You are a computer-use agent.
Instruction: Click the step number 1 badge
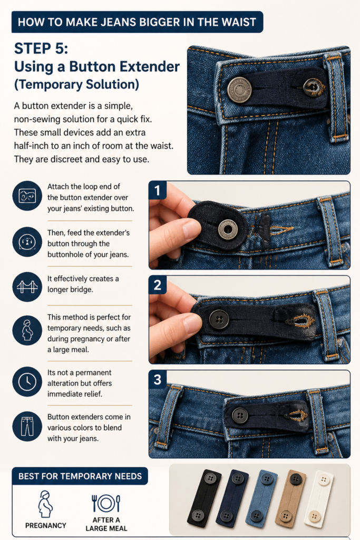(157, 190)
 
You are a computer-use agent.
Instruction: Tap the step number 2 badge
(157, 285)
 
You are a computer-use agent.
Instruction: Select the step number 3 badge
(157, 380)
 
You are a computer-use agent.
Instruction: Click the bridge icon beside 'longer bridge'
(27, 287)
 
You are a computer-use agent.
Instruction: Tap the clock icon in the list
(27, 382)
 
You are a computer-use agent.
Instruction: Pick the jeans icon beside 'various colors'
(27, 426)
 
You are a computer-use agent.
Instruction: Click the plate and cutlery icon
(106, 504)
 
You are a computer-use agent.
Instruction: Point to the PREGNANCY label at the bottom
(46, 526)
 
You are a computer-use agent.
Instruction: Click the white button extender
(319, 499)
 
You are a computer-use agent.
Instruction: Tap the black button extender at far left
(204, 498)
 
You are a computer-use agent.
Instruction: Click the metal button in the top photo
(239, 90)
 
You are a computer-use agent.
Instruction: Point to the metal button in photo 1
(228, 229)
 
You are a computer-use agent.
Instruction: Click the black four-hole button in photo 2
(219, 319)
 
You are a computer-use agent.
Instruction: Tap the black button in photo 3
(240, 415)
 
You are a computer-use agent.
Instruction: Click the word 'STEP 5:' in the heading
(41, 49)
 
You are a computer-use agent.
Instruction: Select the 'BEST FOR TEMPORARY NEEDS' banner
(80, 476)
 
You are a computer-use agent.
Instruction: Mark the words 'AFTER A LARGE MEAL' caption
(106, 524)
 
